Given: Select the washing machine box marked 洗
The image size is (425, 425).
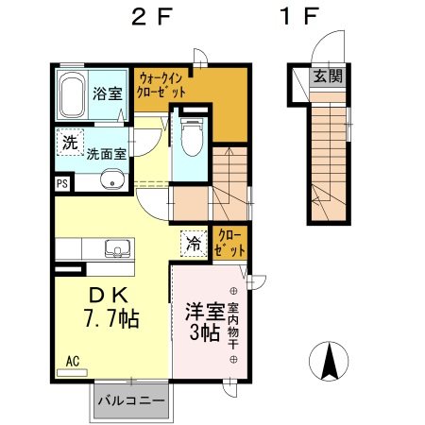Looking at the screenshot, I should pos(70,144).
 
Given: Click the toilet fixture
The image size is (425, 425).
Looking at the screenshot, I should pos(190,138).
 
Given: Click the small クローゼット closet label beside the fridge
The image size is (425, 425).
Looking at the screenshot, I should pos(229,242).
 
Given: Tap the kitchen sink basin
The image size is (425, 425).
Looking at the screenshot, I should pos(118,249).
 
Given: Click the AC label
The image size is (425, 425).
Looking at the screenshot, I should pos(73,360).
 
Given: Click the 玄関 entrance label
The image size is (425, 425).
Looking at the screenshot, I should pos(329,76).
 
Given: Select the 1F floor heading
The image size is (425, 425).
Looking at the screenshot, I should pos(299,18).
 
